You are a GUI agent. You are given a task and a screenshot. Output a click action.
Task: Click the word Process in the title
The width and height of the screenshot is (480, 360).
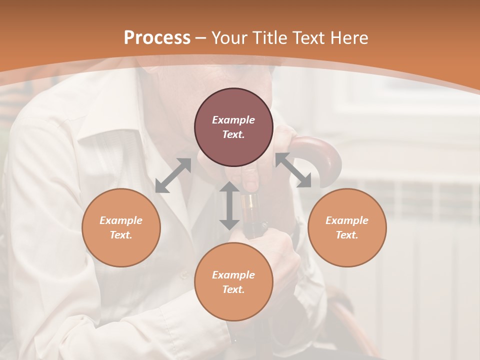(157, 38)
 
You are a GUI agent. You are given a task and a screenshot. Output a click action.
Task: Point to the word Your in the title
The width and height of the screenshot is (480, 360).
(230, 38)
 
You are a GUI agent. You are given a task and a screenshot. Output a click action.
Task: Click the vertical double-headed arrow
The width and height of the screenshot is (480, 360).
(229, 205)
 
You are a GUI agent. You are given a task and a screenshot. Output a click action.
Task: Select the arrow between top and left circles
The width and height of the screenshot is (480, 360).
(173, 175)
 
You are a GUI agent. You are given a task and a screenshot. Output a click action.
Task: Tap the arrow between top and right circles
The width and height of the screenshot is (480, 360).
(293, 170)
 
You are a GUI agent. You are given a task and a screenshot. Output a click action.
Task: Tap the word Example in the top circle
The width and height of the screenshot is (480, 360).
(233, 120)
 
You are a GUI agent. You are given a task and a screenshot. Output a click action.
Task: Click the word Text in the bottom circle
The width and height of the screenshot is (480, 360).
(233, 289)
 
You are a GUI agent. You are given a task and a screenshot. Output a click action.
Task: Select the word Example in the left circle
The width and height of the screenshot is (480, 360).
(121, 220)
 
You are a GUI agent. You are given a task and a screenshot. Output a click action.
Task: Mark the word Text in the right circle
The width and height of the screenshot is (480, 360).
(346, 235)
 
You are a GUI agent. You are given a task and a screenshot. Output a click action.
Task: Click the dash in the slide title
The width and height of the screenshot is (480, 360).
(201, 38)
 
